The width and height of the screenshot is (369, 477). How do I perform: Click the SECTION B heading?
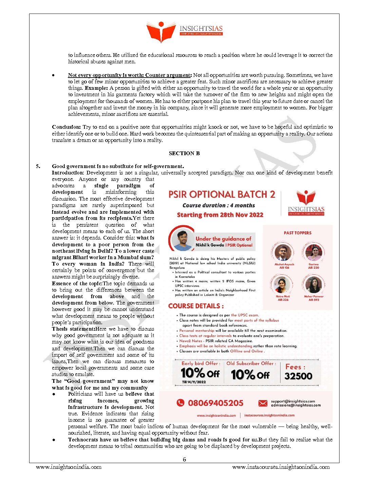(184, 153)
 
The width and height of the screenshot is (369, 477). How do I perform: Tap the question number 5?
(38, 166)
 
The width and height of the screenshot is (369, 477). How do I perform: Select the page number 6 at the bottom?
(184, 459)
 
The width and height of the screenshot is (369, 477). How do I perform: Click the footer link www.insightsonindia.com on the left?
(69, 467)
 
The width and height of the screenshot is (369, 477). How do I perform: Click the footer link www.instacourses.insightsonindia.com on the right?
(281, 467)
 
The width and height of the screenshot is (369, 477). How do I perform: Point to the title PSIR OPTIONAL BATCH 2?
(222, 194)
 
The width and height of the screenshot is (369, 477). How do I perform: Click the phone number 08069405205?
(215, 403)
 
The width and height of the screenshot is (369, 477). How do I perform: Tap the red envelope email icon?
(263, 403)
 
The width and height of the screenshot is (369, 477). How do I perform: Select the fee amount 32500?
(298, 376)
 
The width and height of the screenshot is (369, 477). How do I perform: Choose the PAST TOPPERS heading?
(297, 233)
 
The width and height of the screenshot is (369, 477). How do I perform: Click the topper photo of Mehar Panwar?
(313, 285)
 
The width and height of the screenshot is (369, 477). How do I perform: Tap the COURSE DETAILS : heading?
(196, 306)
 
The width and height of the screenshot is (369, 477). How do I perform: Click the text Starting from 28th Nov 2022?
(220, 215)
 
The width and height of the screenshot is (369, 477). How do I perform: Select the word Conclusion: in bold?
(66, 127)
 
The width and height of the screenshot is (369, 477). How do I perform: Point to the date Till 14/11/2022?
(194, 382)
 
